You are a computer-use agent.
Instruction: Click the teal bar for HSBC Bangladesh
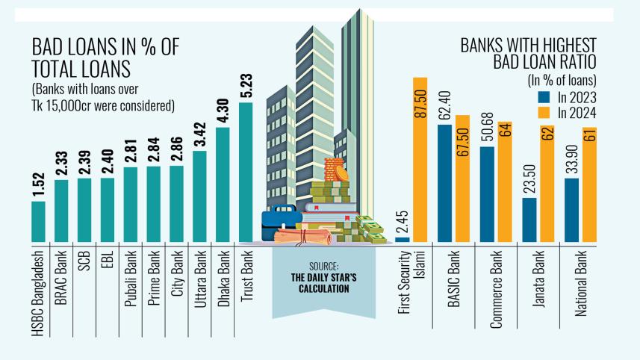point(38,222)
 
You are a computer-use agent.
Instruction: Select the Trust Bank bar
point(246,172)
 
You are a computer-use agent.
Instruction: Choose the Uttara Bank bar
point(199,196)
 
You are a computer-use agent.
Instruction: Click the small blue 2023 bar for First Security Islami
point(403,239)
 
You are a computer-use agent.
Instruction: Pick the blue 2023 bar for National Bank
point(572,210)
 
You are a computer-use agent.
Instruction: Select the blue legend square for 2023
point(543,97)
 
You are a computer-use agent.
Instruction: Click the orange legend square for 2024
point(543,113)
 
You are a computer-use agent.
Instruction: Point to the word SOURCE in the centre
point(324,265)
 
